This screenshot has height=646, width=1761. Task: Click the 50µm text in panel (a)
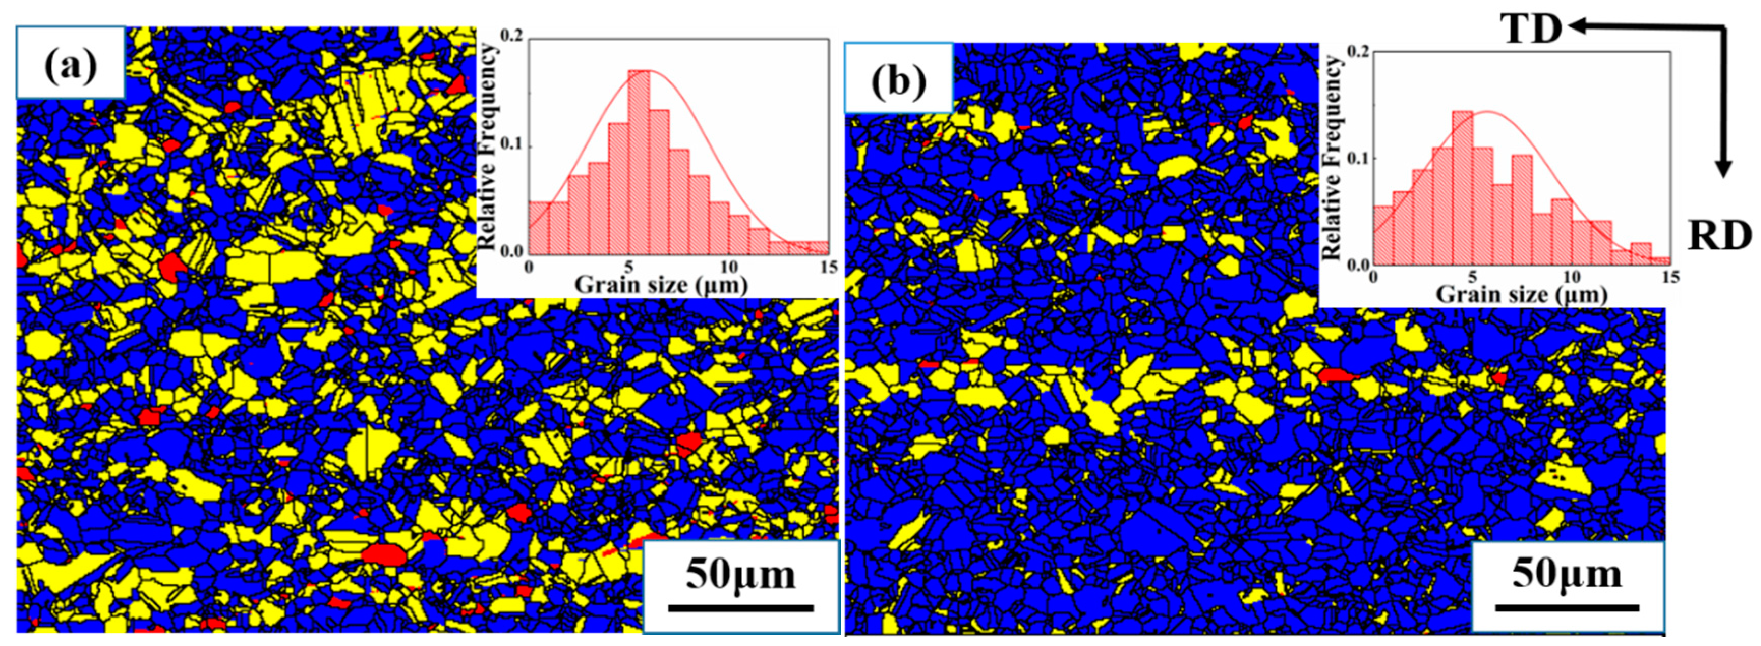click(740, 574)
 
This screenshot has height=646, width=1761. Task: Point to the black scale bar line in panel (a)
click(740, 607)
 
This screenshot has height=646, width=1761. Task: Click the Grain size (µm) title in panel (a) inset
click(660, 284)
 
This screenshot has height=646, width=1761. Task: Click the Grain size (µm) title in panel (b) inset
click(1520, 295)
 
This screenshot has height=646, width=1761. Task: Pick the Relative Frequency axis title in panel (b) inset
click(1333, 157)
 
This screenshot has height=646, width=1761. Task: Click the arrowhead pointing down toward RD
click(1723, 169)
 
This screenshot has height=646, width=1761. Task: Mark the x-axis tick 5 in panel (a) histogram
click(628, 267)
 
